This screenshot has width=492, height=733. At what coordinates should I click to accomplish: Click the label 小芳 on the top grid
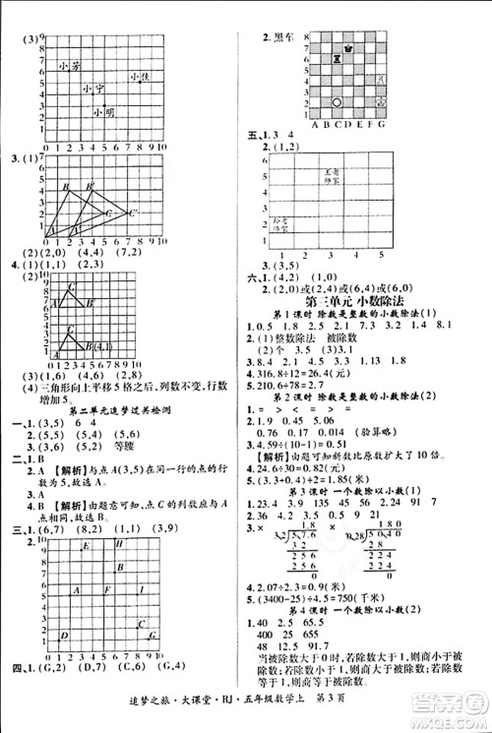(x=68, y=66)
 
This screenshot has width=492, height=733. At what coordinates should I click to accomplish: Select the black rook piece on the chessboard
(x=337, y=59)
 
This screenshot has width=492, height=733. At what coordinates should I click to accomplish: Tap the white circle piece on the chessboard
(x=337, y=100)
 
